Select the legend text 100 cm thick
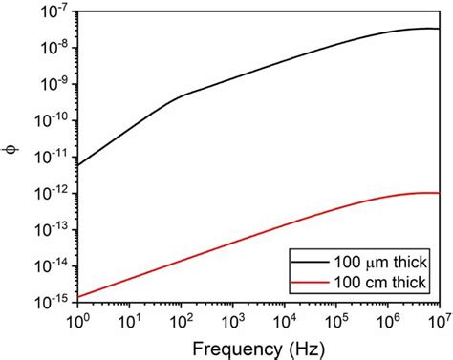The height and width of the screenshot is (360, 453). [376, 283]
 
